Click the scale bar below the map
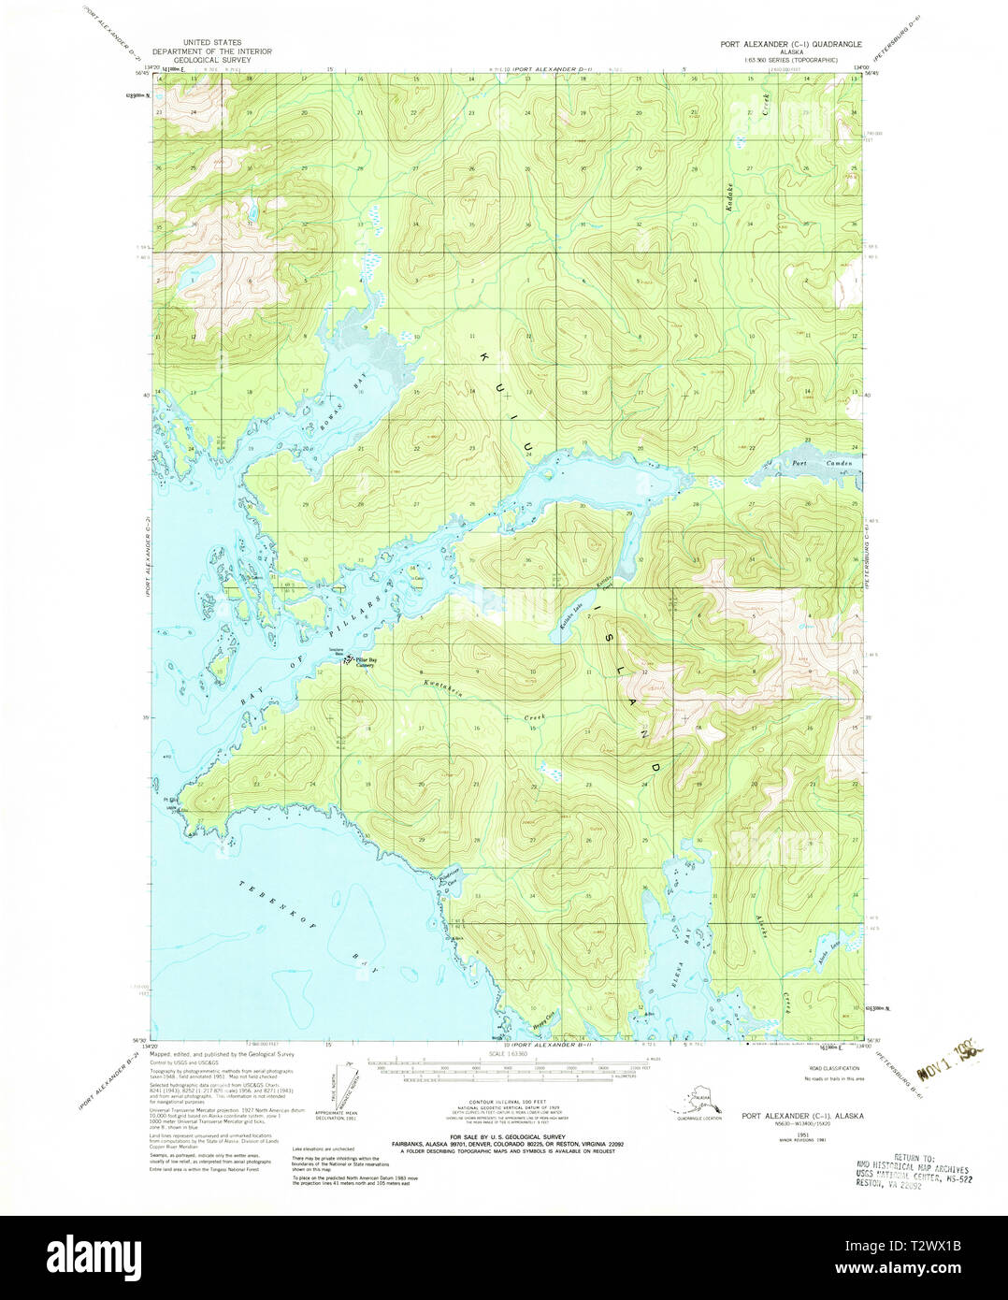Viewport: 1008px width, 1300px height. tap(505, 1067)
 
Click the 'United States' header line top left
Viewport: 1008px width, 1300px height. tap(211, 43)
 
